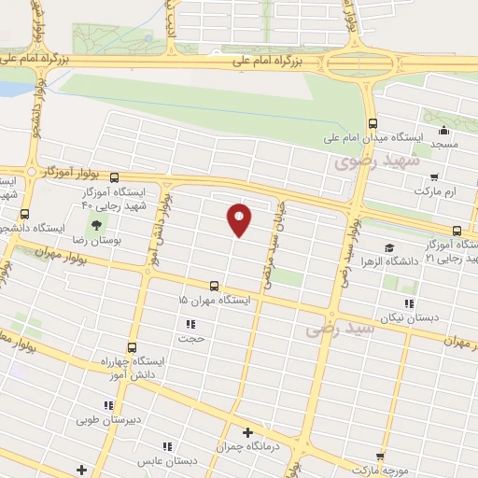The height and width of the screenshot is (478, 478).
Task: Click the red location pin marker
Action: pos(240,219)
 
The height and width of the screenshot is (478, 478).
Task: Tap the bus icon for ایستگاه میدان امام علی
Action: pos(373,122)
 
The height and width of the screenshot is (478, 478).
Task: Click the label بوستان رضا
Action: pos(98,240)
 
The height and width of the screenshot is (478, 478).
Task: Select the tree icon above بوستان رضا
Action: pos(97,224)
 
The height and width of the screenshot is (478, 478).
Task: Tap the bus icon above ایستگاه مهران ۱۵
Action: pos(215,287)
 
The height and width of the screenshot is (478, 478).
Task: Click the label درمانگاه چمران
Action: pos(246,446)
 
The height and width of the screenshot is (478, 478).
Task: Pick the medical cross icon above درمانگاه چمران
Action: pos(247,432)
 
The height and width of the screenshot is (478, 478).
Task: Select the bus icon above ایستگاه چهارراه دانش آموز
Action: pos(132,346)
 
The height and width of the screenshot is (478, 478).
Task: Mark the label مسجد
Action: pos(443,146)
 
